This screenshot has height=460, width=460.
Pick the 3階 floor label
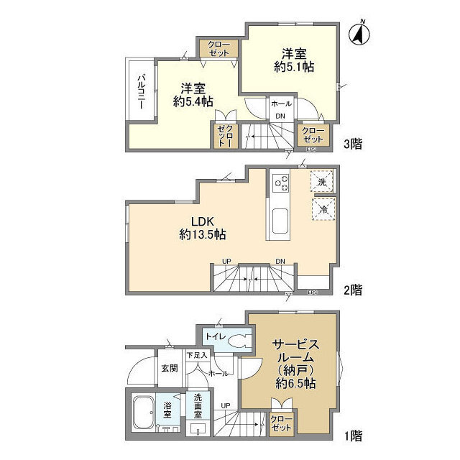tap(351, 144)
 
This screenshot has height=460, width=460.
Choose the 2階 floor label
tap(351, 290)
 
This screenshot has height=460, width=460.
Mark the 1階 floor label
tap(351, 435)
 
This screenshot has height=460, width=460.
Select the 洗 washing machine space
tap(321, 182)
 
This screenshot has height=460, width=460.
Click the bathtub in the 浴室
tap(143, 415)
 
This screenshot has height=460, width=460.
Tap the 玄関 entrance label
tap(169, 369)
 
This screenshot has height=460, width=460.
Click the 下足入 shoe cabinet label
tap(196, 354)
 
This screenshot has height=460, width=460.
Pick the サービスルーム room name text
tap(295, 350)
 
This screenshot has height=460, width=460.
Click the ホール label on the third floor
tap(281, 104)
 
